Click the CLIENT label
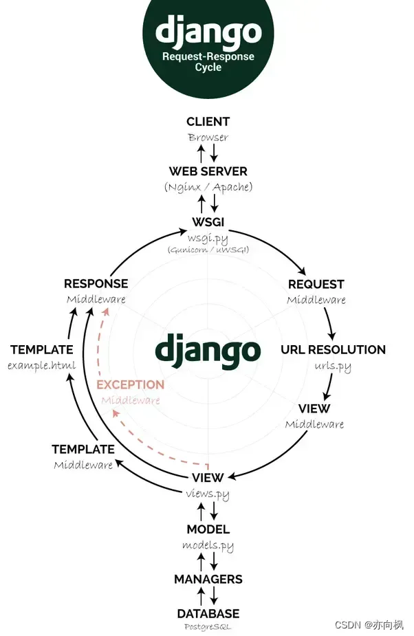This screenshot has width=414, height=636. click(x=208, y=122)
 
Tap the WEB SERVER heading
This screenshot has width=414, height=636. click(x=208, y=171)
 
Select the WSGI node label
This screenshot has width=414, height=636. click(x=208, y=222)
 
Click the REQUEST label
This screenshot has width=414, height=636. click(x=316, y=284)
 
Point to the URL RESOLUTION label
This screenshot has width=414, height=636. click(x=333, y=349)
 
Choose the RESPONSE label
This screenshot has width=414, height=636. click(x=96, y=283)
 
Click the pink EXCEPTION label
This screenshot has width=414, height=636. click(x=130, y=384)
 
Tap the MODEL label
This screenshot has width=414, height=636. click(x=208, y=529)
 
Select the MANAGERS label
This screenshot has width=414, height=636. click(x=208, y=579)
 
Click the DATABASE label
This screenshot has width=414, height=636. click(x=208, y=613)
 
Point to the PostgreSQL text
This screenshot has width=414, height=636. click(x=208, y=626)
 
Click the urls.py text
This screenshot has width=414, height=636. click(x=333, y=366)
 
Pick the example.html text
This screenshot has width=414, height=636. click(x=42, y=365)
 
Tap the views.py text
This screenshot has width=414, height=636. click(x=208, y=494)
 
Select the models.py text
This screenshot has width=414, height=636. click(x=208, y=546)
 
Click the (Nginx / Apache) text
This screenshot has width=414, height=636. click(x=208, y=187)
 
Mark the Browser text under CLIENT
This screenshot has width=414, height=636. click(x=208, y=138)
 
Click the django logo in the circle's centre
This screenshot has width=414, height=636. click(x=208, y=349)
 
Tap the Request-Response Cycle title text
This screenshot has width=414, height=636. click(x=208, y=62)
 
